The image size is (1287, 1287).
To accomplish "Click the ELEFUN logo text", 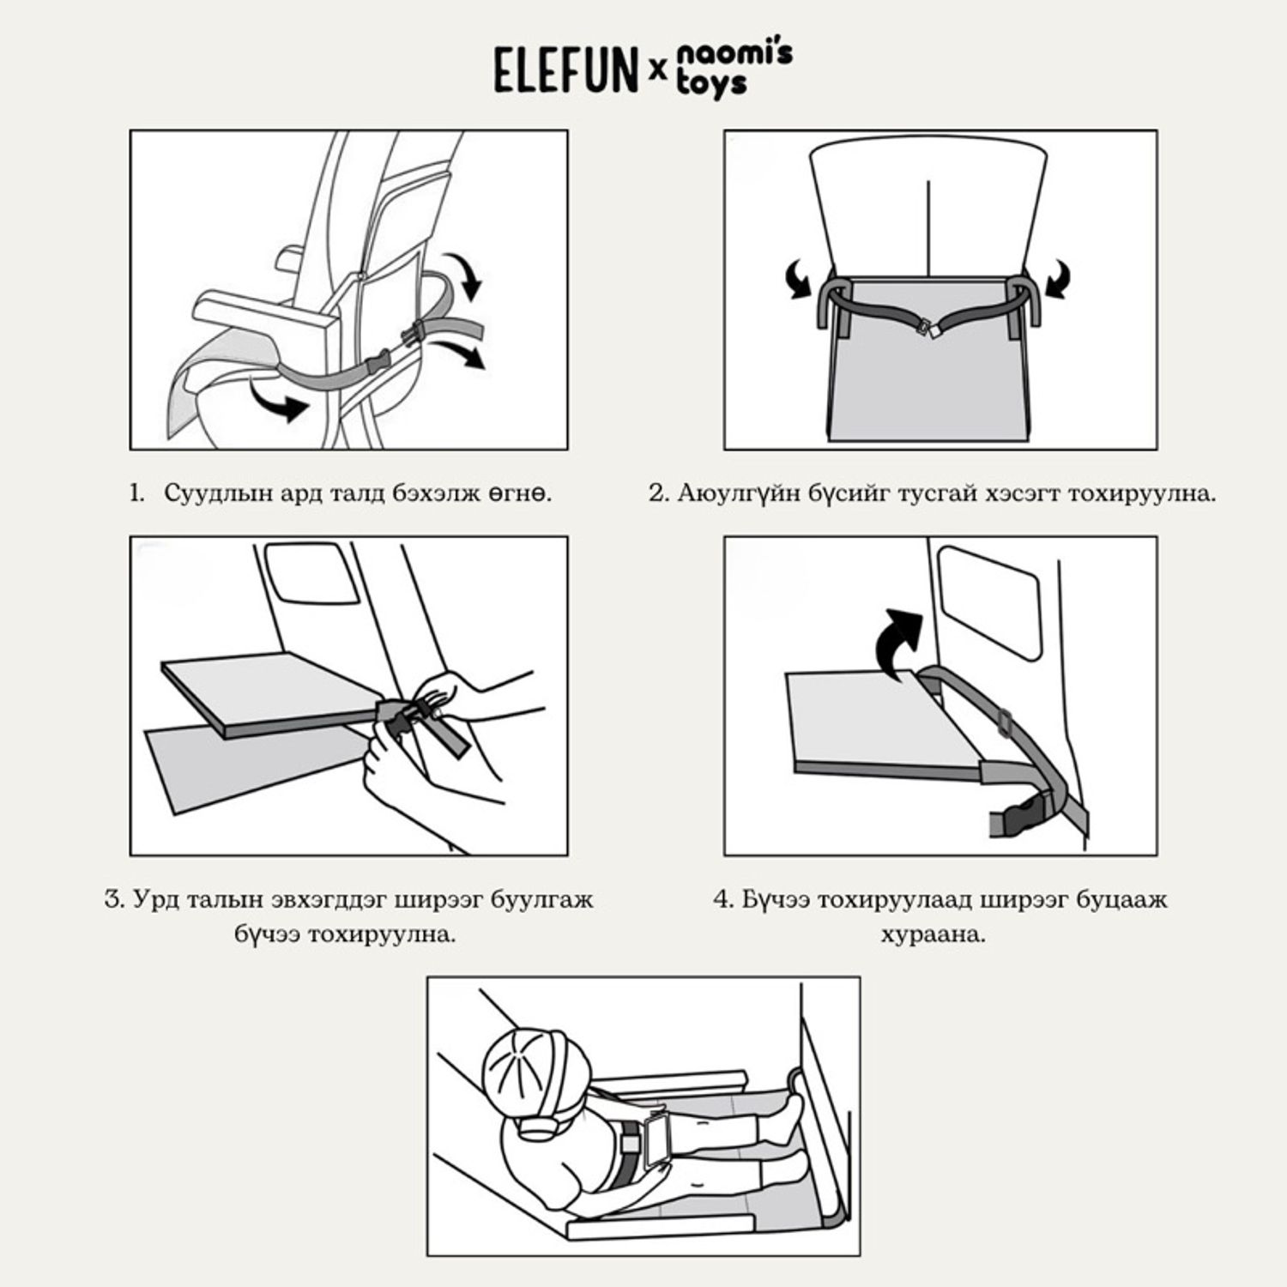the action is pos(565,70).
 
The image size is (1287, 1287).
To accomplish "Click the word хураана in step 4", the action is pos(933,934).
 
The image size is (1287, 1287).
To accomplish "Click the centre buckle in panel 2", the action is pos(930,329).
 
